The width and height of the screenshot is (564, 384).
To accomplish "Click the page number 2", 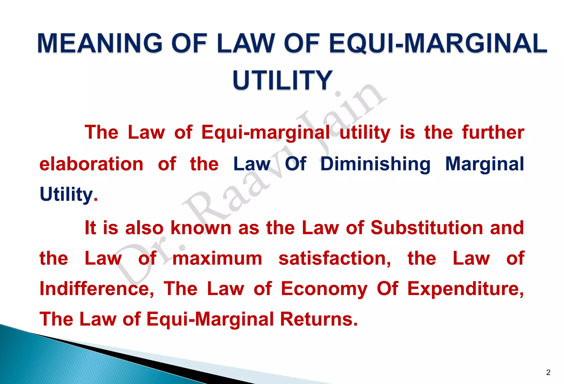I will click(x=548, y=372).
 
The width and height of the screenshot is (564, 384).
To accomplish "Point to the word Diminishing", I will click(x=375, y=164).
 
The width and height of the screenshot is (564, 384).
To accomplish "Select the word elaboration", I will click(x=91, y=164).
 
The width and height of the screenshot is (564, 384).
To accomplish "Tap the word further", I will click(x=493, y=132).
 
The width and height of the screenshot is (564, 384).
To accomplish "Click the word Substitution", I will click(x=427, y=228).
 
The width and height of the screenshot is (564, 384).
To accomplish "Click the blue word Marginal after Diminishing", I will click(x=484, y=164).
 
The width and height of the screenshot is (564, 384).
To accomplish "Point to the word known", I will click(x=201, y=228).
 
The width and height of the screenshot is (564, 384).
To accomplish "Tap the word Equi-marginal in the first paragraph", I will click(x=265, y=132).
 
